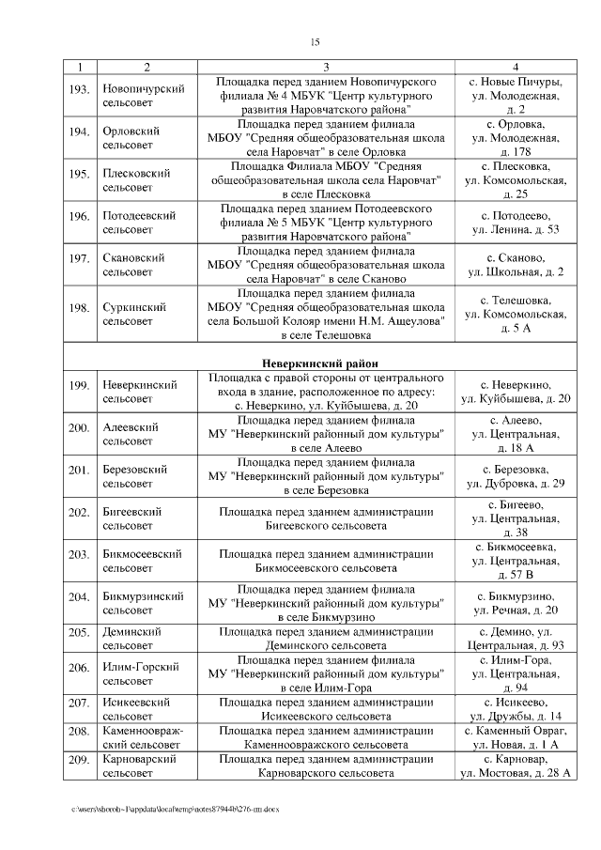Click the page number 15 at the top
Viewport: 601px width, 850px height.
[x=315, y=41]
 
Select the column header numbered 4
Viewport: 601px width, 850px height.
[x=516, y=67]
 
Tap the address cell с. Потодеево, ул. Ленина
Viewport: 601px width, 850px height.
[x=516, y=223]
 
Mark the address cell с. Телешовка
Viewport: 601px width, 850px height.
[x=516, y=314]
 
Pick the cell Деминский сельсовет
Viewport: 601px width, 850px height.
[x=131, y=639]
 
